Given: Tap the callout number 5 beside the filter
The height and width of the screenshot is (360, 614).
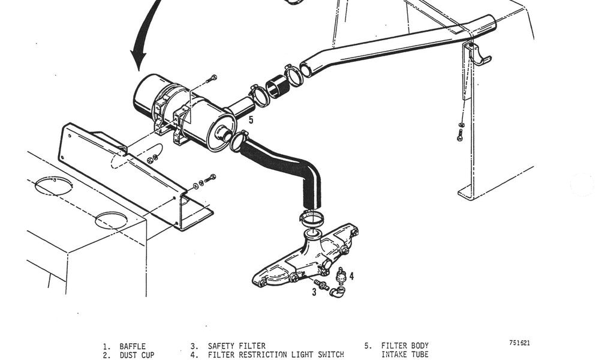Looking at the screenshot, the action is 251,119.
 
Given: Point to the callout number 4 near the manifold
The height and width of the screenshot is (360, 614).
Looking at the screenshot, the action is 351,276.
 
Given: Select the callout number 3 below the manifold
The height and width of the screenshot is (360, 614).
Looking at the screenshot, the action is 314,292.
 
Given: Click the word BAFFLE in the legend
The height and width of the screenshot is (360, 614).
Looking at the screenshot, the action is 133,346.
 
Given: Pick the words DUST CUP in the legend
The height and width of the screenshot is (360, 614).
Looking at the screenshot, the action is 137,355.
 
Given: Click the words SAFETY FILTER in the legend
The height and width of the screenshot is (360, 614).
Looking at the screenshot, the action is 236,346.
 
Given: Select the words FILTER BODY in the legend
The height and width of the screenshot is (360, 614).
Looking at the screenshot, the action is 405,346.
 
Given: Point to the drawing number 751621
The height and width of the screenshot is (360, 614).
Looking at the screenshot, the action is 520,343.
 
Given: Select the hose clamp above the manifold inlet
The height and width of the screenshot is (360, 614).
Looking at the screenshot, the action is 312,218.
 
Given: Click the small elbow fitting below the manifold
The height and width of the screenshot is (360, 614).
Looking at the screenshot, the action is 337,292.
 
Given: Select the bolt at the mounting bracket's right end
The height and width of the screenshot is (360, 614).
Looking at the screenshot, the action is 210,178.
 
